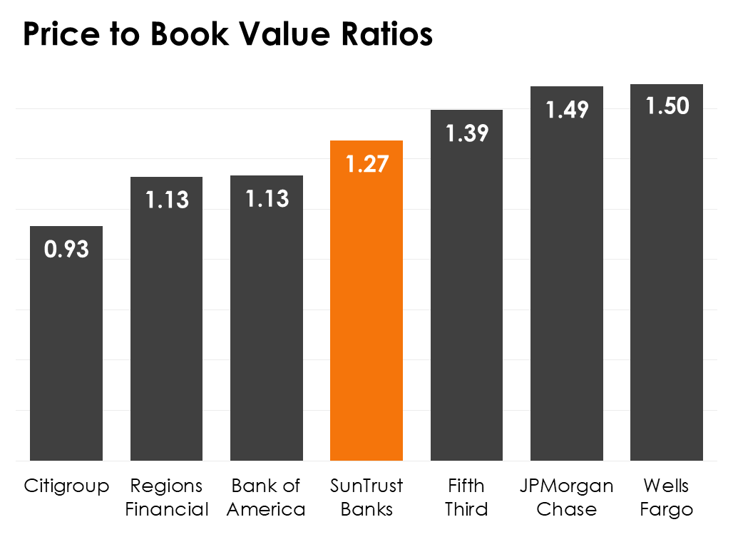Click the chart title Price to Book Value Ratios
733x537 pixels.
click(x=227, y=34)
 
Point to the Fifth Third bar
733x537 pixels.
click(x=467, y=300)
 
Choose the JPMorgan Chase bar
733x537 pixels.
click(x=567, y=285)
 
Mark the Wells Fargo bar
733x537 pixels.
click(x=667, y=285)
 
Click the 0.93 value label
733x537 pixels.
click(x=66, y=250)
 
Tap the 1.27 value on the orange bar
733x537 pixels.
click(x=366, y=164)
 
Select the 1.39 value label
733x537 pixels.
click(x=467, y=133)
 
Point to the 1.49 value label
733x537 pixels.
click(x=567, y=110)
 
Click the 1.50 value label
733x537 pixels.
click(x=667, y=106)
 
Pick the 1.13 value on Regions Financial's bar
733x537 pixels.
click(x=167, y=200)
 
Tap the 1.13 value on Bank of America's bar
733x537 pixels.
click(x=267, y=199)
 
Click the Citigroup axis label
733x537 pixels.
click(x=66, y=486)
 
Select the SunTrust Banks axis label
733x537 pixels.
click(x=366, y=498)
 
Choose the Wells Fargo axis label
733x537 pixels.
click(x=667, y=498)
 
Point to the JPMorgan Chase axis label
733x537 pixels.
click(x=567, y=498)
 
